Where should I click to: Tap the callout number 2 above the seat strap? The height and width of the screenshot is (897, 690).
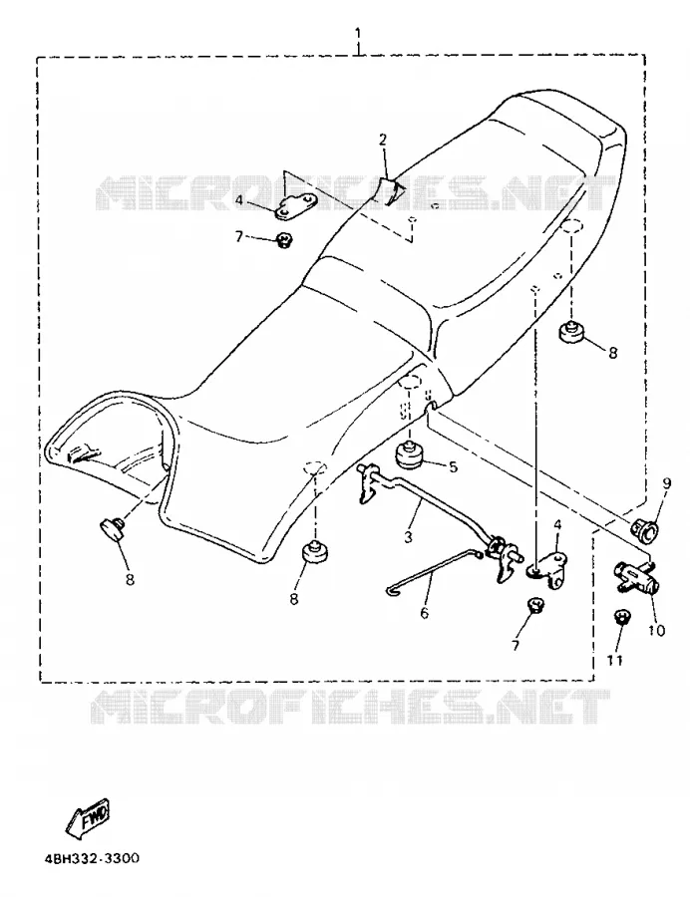[x=382, y=139]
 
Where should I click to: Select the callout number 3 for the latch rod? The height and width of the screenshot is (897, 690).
[x=408, y=537]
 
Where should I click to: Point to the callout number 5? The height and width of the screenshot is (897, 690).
[x=453, y=467]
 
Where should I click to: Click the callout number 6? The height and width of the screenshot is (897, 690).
[x=424, y=613]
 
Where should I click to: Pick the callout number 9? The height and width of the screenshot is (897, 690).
[x=666, y=483]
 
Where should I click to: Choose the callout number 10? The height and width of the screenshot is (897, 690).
[x=656, y=631]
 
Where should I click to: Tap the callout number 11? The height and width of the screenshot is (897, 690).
[x=614, y=660]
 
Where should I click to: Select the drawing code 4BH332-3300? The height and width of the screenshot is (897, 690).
[x=92, y=860]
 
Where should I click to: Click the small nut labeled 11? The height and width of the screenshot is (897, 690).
[x=621, y=618]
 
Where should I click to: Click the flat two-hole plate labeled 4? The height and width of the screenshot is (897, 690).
[x=295, y=206]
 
